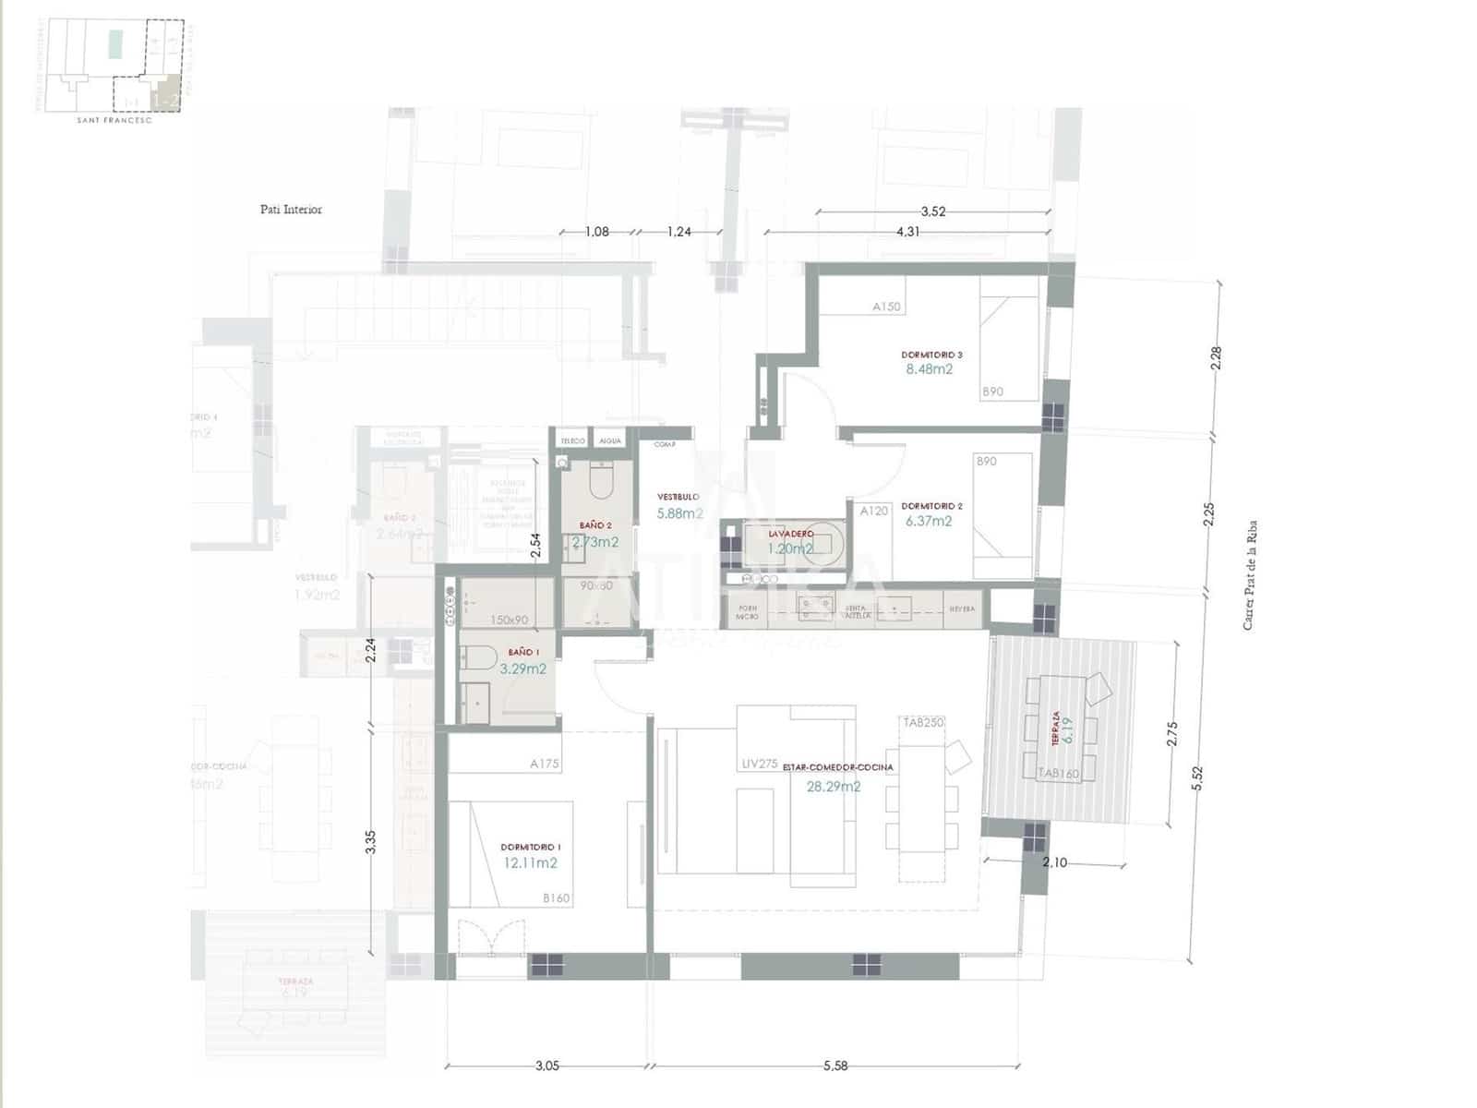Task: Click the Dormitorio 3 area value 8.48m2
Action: pos(929,369)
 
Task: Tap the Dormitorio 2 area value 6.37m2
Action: pos(928,521)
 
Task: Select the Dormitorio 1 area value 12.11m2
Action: pos(530,863)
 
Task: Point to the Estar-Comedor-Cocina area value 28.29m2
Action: pos(833,787)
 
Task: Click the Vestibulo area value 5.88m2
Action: pos(679,513)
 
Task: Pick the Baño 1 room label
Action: pos(523,652)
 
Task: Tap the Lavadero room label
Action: pos(791,534)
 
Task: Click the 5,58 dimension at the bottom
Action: pos(835,1066)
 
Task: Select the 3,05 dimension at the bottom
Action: pos(546,1066)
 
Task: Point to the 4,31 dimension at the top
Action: pos(907,232)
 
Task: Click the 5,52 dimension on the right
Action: pos(1197,778)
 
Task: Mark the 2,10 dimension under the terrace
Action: pos(1054,862)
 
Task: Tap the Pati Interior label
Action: pos(291,210)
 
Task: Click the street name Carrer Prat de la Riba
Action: pos(1250,575)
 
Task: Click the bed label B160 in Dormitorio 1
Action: pos(556,897)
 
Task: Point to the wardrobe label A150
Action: pos(886,307)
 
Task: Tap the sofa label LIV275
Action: pos(760,764)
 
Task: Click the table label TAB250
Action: pos(923,722)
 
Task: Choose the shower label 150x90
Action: pos(509,620)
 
